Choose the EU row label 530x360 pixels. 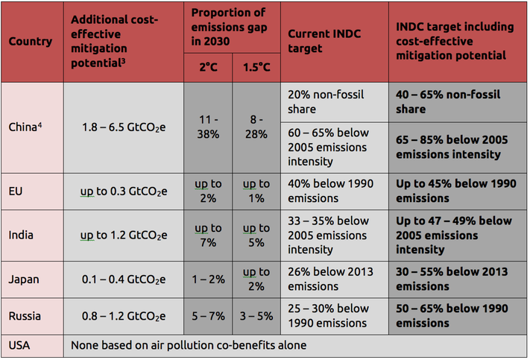click(x=16, y=191)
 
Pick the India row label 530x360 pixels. click(x=21, y=235)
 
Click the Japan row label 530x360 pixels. click(x=24, y=280)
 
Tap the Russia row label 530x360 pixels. click(x=25, y=316)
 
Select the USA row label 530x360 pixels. click(x=19, y=346)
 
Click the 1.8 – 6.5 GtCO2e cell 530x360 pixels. click(x=124, y=127)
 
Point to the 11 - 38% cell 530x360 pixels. click(x=208, y=127)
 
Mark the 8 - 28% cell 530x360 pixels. click(x=256, y=127)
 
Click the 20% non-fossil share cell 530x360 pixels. click(x=334, y=102)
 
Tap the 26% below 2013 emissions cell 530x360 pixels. click(x=334, y=279)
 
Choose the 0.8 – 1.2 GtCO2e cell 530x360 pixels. click(x=124, y=316)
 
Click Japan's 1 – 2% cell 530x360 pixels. click(x=208, y=280)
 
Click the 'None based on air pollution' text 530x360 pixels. click(x=188, y=346)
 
